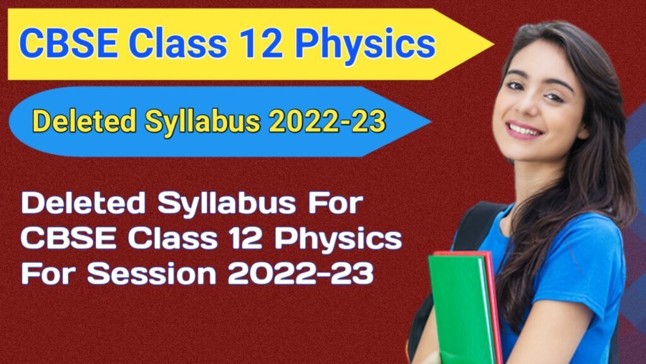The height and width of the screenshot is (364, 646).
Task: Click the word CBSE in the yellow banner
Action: tap(69, 43)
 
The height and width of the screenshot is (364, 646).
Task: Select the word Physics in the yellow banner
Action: tap(365, 45)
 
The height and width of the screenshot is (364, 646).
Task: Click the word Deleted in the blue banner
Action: tap(84, 121)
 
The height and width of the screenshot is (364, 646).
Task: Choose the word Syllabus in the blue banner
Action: tap(203, 122)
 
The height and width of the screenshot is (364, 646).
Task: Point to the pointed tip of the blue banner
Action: tap(431, 122)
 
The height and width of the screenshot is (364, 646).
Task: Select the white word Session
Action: tap(151, 273)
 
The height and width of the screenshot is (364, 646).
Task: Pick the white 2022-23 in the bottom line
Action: tap(301, 273)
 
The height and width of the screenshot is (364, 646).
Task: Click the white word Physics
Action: tap(338, 239)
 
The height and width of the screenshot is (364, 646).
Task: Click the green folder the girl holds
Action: tap(462, 310)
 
